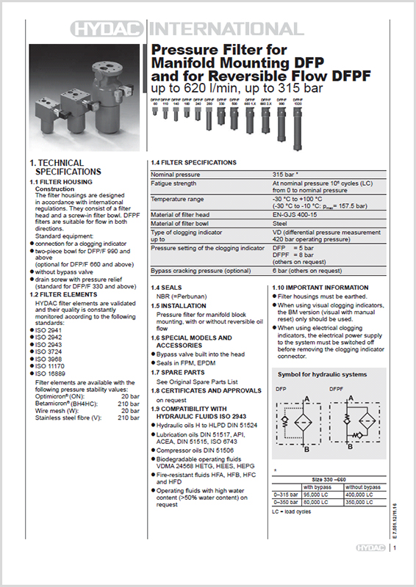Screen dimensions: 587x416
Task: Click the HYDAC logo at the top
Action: (x=110, y=29)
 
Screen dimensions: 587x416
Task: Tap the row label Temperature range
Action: (x=179, y=199)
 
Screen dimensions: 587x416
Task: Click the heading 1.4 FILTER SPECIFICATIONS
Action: (x=193, y=162)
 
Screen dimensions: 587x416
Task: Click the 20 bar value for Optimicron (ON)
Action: (x=129, y=390)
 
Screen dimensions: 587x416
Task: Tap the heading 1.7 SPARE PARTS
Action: (x=180, y=373)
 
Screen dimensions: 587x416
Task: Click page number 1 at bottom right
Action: (x=395, y=566)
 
